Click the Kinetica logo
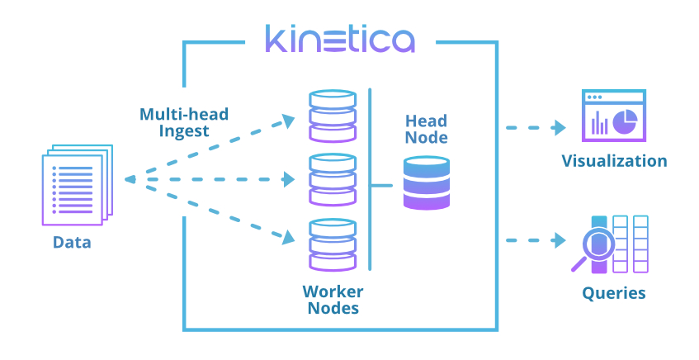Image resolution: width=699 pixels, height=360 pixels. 339,39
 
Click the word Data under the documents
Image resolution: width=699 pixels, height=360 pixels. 72,243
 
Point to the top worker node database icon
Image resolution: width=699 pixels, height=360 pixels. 332,116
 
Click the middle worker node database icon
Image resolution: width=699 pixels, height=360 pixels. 332,179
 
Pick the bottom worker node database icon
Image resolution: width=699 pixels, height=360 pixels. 332,244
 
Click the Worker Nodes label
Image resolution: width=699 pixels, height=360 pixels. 333,300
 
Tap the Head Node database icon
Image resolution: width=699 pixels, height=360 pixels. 427,183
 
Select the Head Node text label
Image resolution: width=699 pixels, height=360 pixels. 427,129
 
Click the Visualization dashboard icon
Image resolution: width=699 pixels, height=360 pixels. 613,115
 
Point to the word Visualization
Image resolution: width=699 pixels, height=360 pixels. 614,160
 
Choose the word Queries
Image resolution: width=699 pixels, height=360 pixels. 613,292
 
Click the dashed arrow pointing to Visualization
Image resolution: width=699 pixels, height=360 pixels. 536,128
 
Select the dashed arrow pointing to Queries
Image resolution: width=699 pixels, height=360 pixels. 536,240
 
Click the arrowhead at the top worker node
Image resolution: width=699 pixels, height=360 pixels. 288,120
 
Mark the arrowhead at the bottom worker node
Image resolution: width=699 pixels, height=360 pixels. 288,239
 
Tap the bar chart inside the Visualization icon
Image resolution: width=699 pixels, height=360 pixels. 599,125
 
